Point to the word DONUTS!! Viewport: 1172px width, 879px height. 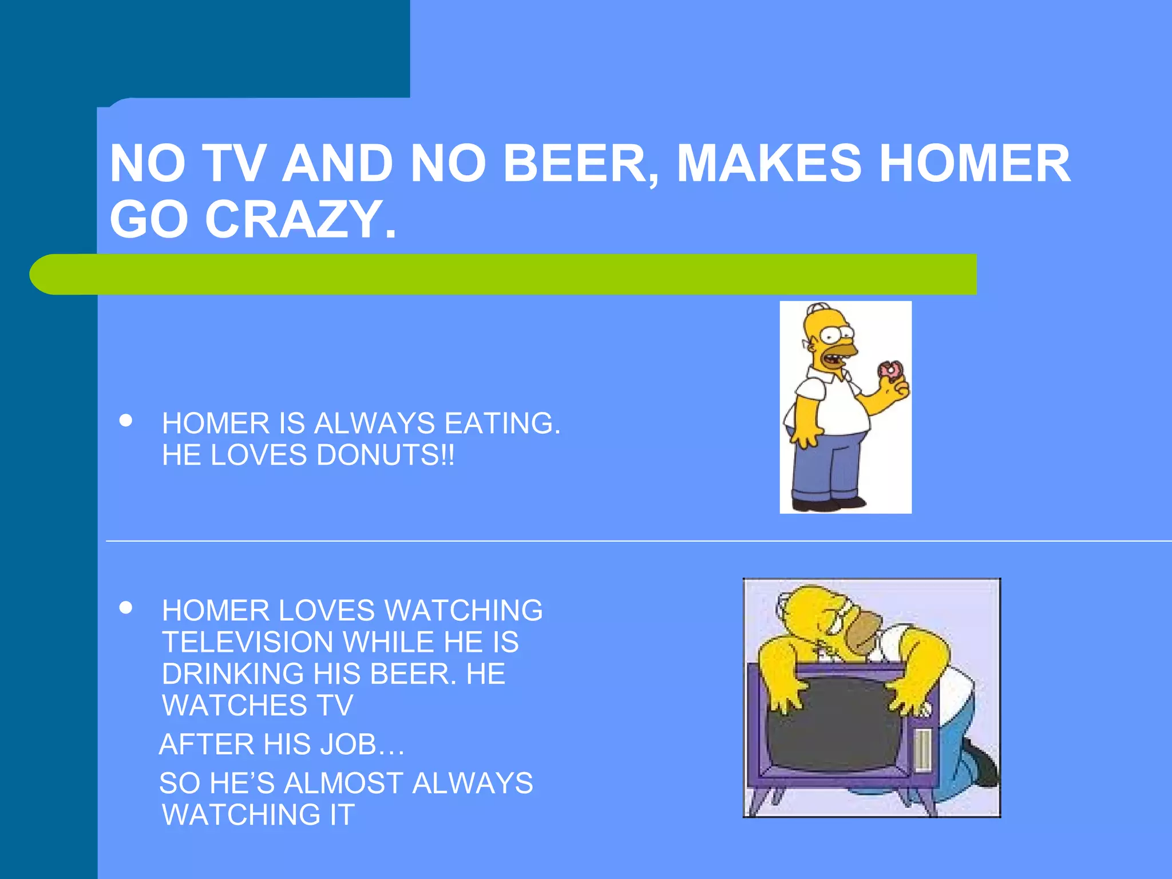(386, 456)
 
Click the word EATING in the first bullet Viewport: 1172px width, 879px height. (502, 424)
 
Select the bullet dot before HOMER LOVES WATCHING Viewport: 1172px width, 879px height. (126, 608)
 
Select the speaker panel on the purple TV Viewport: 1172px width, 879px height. (922, 750)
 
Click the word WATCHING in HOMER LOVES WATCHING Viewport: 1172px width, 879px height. (464, 611)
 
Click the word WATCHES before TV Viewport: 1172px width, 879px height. (235, 706)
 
